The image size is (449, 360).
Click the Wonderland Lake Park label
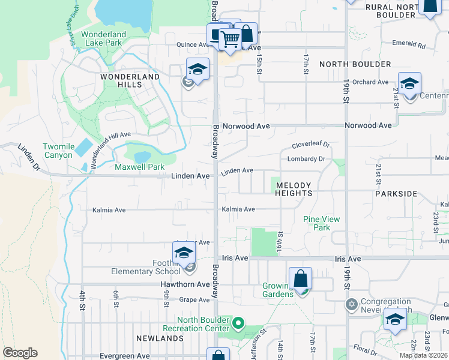pos(102,38)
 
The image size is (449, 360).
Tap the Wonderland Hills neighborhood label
pos(130,80)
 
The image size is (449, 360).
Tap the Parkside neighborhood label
pos(396,194)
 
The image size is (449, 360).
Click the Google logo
pos(20,353)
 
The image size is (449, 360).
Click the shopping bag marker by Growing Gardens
pos(300,280)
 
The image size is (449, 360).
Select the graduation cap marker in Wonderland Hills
pos(197,70)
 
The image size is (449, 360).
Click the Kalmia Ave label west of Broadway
pos(109,210)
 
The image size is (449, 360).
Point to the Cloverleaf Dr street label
pos(311,145)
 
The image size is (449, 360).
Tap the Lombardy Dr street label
pos(306,159)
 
